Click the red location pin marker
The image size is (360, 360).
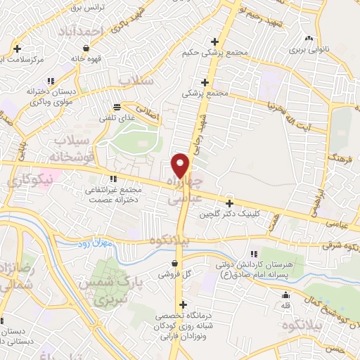[x=181, y=165]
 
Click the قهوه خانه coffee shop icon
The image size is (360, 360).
[x=86, y=49]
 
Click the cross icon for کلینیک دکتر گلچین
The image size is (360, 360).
[x=229, y=202]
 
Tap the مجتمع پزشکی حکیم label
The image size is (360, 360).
[x=205, y=53]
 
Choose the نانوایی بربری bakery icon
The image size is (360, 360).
[x=308, y=38]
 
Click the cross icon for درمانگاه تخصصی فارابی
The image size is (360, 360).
[x=183, y=305]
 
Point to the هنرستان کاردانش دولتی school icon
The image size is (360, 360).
[x=255, y=253]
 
